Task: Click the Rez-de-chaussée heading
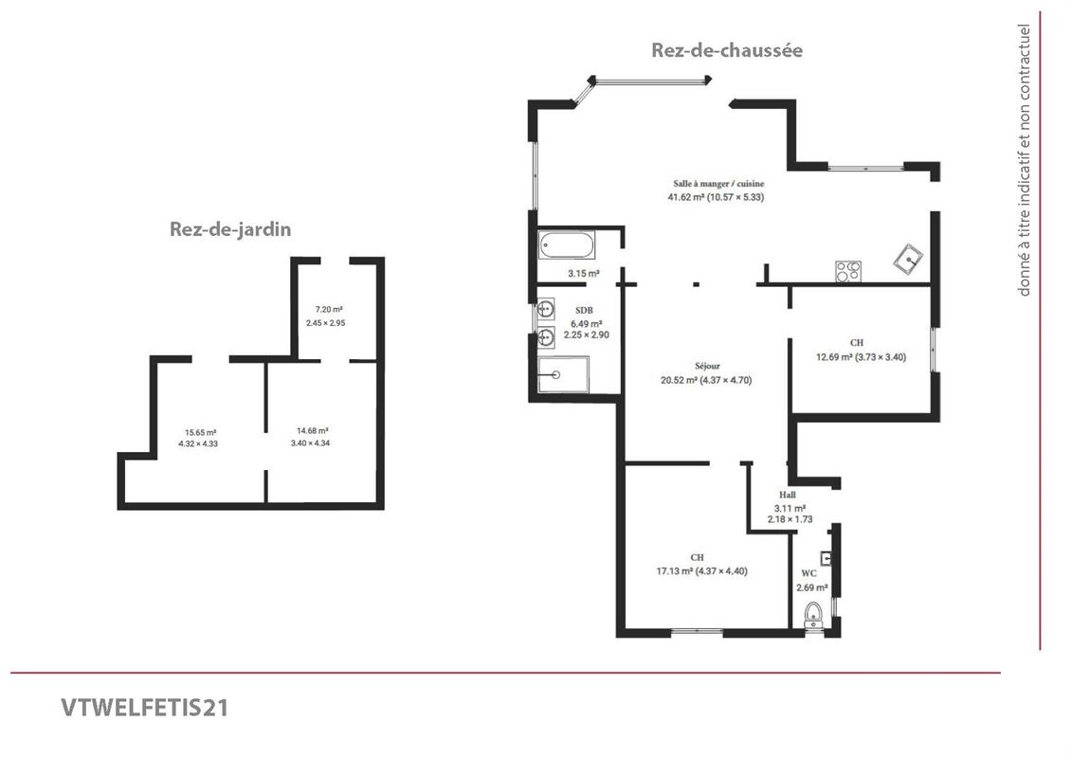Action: [x=727, y=50]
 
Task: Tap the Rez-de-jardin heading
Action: [x=230, y=229]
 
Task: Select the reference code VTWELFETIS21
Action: [x=145, y=708]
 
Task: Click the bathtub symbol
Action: [x=566, y=245]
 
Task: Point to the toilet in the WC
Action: [x=813, y=614]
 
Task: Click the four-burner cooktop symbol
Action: [x=847, y=271]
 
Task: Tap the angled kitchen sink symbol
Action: [x=909, y=259]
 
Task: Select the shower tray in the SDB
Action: [x=563, y=374]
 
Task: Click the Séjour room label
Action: [x=707, y=367]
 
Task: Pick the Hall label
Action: [x=788, y=495]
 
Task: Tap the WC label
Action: [x=809, y=573]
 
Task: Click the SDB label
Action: [x=584, y=311]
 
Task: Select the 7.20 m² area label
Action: [x=329, y=310]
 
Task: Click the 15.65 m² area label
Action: [x=200, y=433]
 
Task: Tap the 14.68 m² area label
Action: [x=313, y=431]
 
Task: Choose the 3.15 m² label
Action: [x=584, y=274]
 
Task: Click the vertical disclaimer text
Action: [x=1024, y=160]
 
